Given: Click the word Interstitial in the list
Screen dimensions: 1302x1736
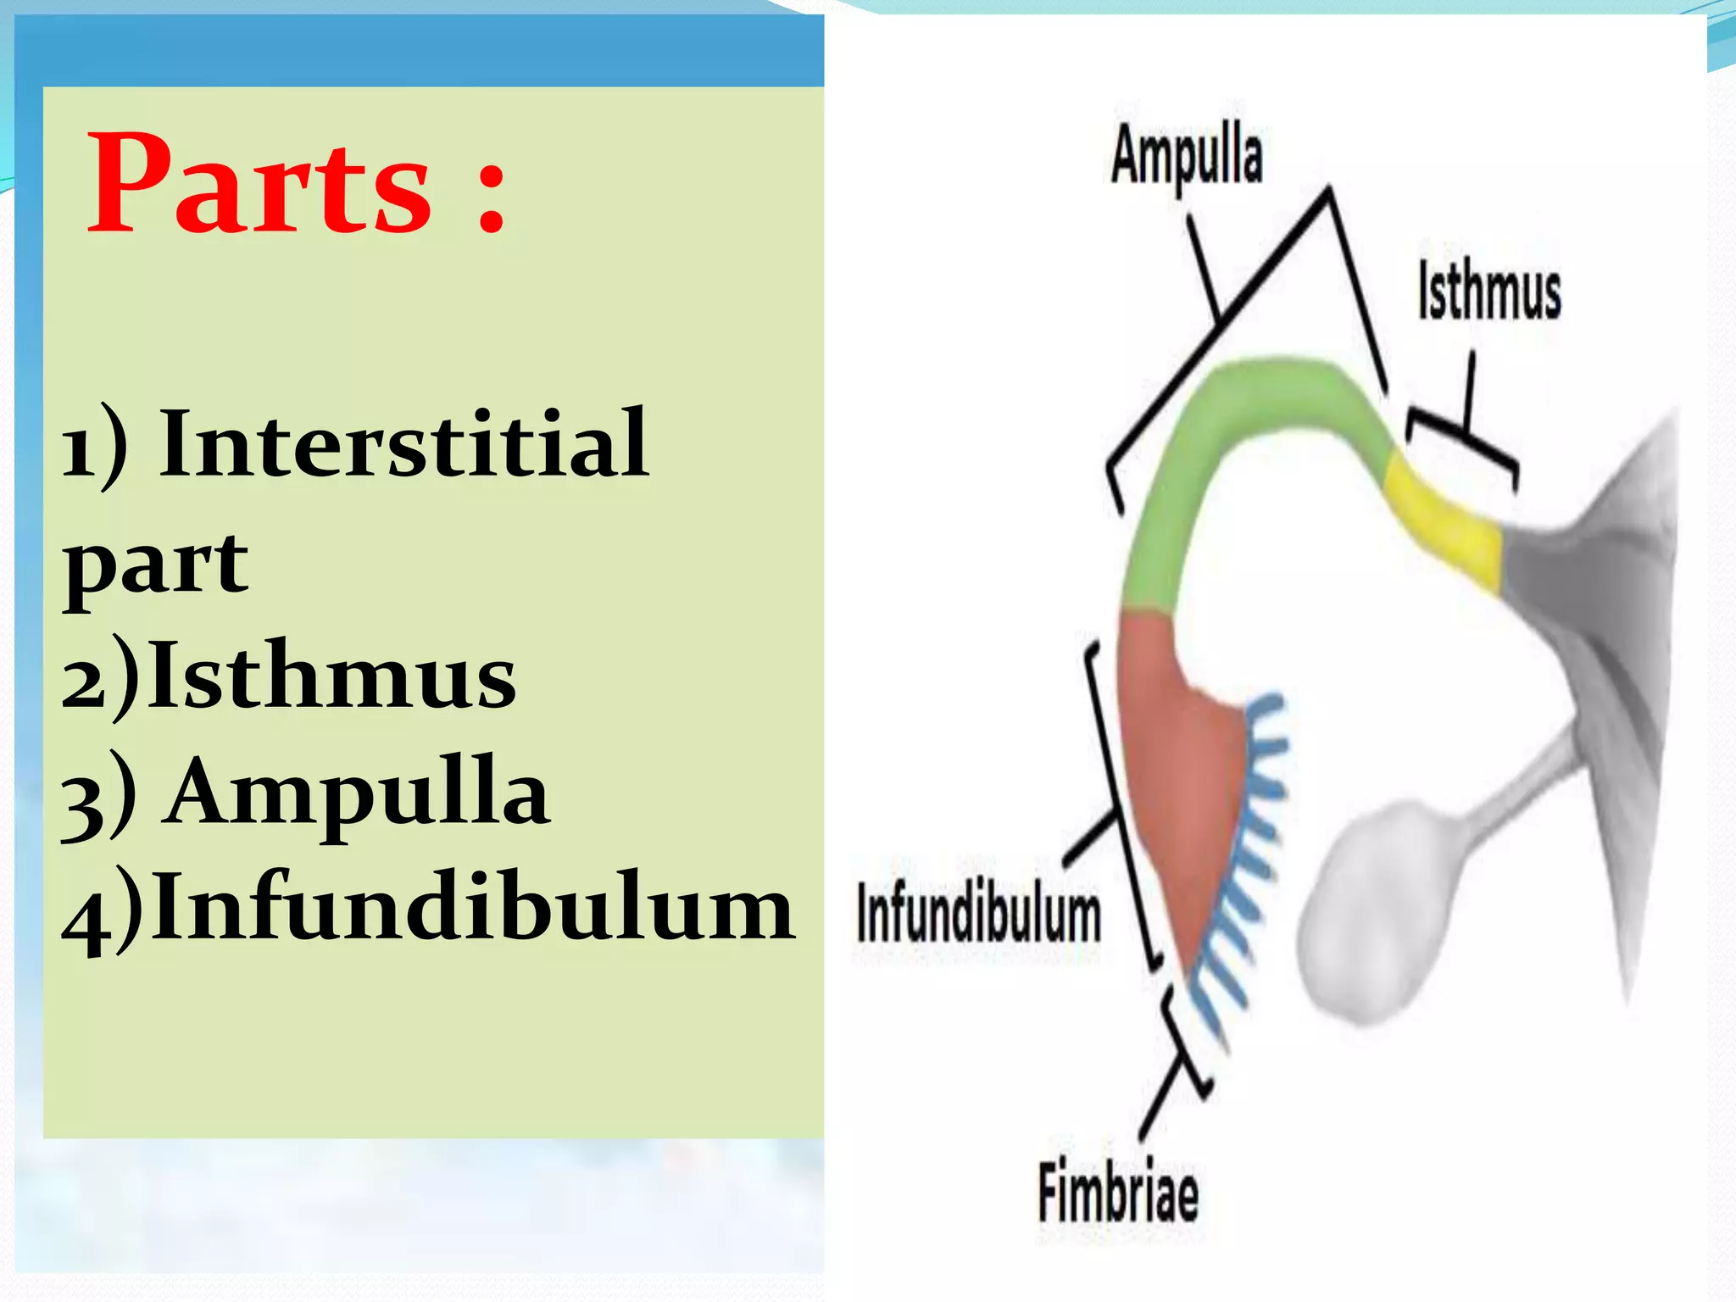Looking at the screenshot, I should click(405, 443).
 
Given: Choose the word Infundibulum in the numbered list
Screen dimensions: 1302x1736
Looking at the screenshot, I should click(474, 908).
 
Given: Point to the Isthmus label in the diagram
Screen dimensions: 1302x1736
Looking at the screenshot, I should click(1489, 292).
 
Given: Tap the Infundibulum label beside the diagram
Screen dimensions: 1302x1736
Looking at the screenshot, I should click(978, 915).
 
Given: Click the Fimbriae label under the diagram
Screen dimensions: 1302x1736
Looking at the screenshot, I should click(1118, 1192).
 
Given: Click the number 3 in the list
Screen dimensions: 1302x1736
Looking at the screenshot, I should click(82, 801).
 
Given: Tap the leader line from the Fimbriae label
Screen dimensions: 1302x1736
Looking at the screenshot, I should click(1161, 1098).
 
